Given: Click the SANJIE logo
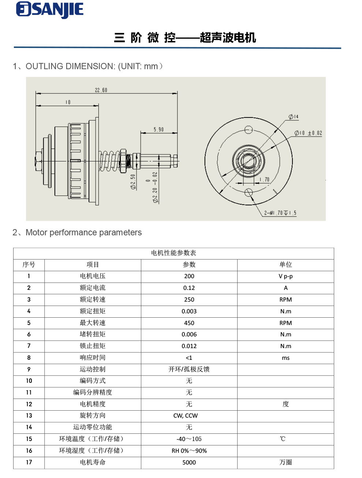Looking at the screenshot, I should [x=50, y=10].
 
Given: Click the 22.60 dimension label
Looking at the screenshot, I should [x=101, y=90].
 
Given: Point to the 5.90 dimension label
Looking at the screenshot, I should [x=158, y=130].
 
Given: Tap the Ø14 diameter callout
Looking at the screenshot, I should [x=294, y=117].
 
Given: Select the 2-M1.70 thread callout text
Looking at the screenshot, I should [x=280, y=213].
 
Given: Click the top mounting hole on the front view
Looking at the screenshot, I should [x=249, y=130].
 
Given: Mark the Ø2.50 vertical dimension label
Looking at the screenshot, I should [x=133, y=182].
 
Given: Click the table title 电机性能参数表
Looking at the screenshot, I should [x=173, y=253].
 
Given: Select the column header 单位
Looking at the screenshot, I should [x=286, y=265].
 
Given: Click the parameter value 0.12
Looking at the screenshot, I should [x=189, y=288].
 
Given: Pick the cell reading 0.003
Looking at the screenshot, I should [x=189, y=311].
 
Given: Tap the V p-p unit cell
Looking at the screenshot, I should [x=286, y=276].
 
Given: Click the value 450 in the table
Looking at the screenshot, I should [x=189, y=323].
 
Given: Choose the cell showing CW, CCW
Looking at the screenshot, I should [x=186, y=416].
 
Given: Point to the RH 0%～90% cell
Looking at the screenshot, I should [x=189, y=451].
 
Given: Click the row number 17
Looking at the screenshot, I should [x=29, y=463].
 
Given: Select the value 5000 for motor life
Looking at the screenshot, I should [x=189, y=463].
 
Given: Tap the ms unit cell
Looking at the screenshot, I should [x=286, y=358].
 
